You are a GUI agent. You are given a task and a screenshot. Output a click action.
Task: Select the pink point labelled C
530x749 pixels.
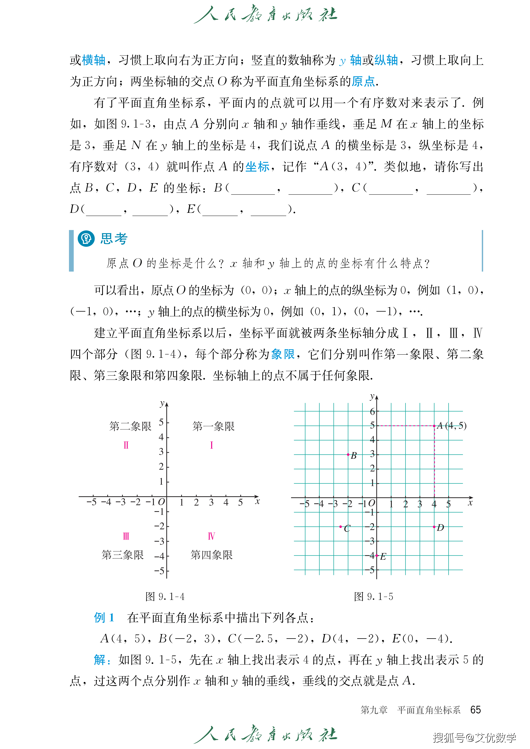(341, 527)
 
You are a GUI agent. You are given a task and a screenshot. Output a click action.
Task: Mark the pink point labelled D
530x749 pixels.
(434, 527)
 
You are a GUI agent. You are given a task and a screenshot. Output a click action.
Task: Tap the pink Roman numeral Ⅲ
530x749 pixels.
(126, 536)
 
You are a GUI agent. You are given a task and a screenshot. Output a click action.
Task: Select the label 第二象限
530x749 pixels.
(130, 426)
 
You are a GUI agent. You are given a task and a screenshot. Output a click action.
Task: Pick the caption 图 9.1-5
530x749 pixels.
(373, 597)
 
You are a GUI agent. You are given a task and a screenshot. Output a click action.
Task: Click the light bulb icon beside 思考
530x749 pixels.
(86, 239)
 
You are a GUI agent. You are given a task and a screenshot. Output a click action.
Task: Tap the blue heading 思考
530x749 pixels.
(114, 239)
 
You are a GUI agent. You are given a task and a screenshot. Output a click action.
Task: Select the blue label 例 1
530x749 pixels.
(104, 618)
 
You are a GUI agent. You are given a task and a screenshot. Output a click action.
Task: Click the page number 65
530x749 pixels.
(476, 710)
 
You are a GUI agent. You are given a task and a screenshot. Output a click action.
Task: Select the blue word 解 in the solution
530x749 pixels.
(100, 660)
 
